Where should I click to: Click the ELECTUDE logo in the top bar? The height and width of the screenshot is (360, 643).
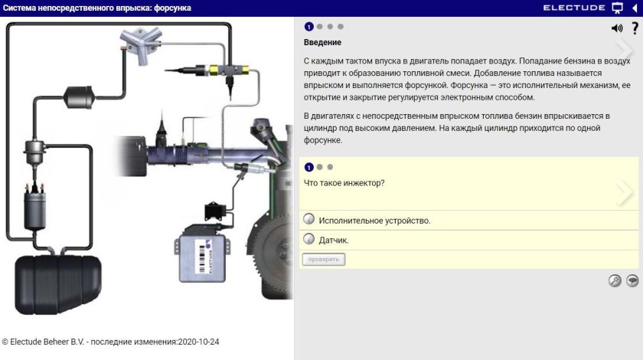coord(575,8)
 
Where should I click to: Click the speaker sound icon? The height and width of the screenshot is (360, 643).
coord(616,28)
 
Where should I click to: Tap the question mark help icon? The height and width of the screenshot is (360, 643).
coord(635,28)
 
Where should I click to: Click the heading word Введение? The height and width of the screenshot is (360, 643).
coord(322,42)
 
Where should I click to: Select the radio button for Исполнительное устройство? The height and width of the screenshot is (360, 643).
coord(308,220)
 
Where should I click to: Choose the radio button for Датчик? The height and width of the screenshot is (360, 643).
coord(308,240)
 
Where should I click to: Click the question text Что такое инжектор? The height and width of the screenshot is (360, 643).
coord(344,183)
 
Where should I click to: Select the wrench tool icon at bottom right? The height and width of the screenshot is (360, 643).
coord(615,280)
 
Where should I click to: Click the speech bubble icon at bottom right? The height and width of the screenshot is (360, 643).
coord(632,280)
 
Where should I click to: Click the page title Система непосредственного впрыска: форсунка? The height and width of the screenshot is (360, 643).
coord(97,8)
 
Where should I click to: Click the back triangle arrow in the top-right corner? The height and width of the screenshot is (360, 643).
coord(635,8)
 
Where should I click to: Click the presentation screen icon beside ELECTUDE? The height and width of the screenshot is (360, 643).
coord(617,8)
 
